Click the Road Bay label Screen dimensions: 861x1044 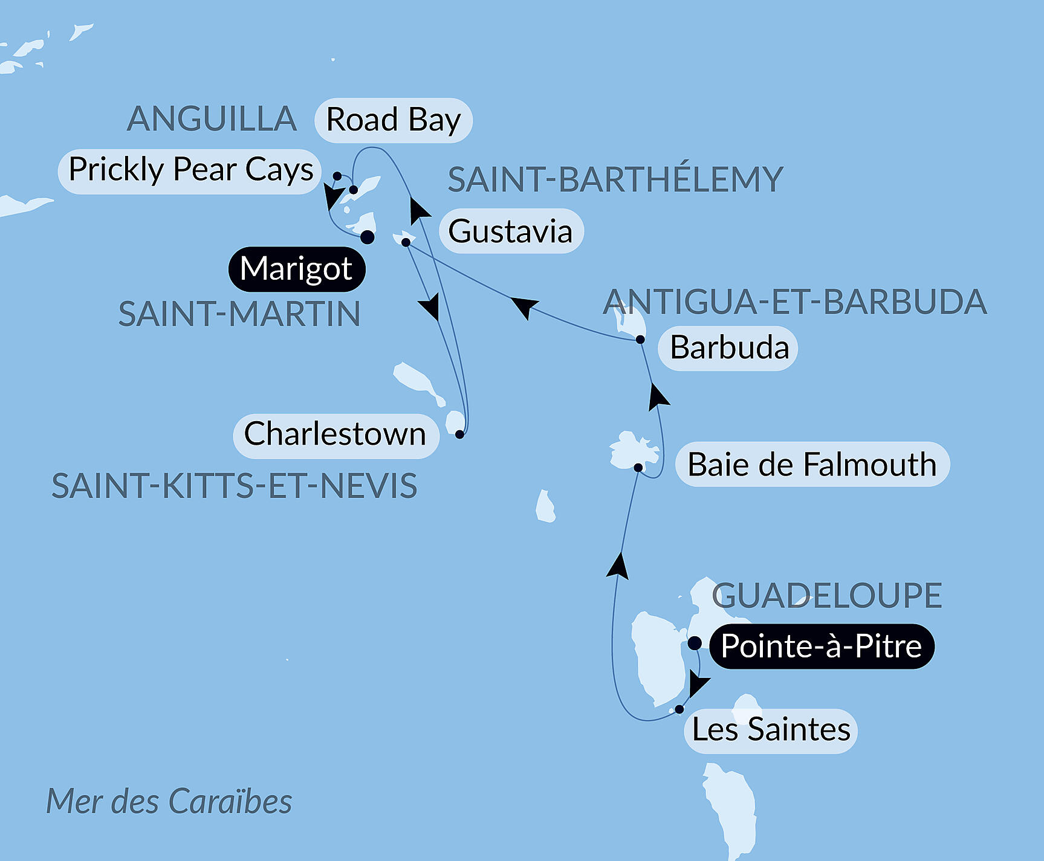point(394,120)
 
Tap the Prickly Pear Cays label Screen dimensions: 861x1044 point(190,170)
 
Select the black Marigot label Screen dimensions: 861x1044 point(296,269)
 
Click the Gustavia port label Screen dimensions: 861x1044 point(511,231)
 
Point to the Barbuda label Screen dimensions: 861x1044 point(729,348)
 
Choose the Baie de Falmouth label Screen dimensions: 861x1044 point(812,465)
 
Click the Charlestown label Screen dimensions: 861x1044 point(336,434)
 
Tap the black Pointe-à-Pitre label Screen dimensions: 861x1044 point(821,647)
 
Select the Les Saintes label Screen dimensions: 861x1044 point(771,730)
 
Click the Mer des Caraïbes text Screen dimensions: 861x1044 point(169,802)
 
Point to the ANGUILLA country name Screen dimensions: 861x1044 point(212,119)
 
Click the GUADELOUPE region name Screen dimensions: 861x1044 point(826,596)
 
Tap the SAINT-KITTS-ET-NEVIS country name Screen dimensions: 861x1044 point(235,486)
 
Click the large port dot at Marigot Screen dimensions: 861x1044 point(367,237)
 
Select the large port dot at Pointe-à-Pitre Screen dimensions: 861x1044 point(695,643)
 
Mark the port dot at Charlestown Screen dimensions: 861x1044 point(459,434)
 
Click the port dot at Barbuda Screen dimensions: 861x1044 point(640,340)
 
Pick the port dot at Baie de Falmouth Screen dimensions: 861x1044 point(638,467)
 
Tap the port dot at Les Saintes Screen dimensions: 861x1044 point(679,709)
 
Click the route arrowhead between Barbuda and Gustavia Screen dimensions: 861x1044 point(524,305)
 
